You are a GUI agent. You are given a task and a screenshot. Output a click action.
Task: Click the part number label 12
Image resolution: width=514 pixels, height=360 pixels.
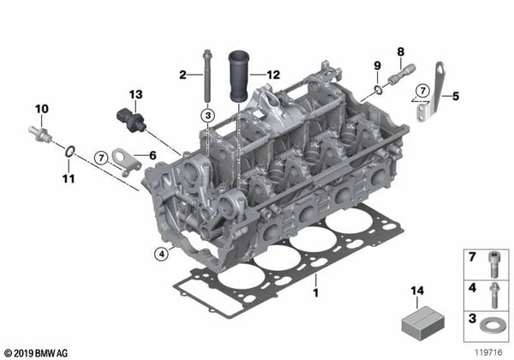tap(273, 75)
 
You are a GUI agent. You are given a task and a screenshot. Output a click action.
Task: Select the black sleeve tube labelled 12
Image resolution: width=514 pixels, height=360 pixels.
tap(239, 75)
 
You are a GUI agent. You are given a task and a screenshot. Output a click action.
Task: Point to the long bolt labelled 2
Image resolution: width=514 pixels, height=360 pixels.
tap(206, 76)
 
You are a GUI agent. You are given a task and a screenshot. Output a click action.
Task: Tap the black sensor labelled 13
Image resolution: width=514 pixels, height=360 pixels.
tap(131, 119)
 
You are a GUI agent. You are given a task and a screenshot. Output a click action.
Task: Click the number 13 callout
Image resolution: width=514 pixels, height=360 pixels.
tap(135, 94)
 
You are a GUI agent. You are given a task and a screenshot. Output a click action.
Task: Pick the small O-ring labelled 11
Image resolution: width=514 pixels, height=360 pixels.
tap(70, 151)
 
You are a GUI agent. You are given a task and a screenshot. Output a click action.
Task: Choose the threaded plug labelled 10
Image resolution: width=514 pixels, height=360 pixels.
tap(39, 134)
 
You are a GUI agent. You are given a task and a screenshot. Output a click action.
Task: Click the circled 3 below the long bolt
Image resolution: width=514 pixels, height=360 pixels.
tap(208, 116)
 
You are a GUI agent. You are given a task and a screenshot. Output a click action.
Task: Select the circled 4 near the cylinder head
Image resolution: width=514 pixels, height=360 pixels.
tap(162, 254)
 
